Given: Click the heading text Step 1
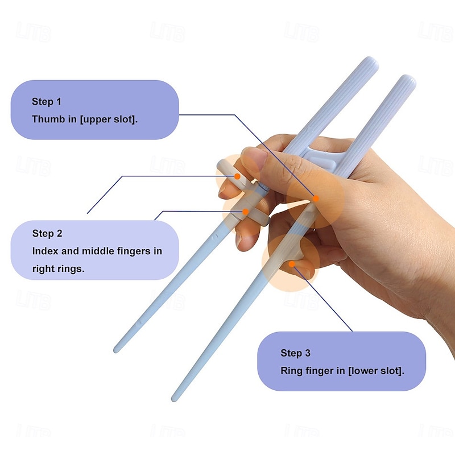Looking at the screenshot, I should (x=47, y=102).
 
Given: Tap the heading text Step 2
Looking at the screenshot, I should (x=47, y=233).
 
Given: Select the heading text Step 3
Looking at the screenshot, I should (x=296, y=353).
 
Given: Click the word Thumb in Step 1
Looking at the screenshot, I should (x=45, y=119).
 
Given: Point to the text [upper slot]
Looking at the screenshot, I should (x=108, y=119).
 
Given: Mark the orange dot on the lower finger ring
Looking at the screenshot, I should (x=246, y=212).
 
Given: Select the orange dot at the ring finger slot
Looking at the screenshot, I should (x=291, y=263).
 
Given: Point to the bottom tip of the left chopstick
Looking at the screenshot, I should (x=117, y=349).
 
